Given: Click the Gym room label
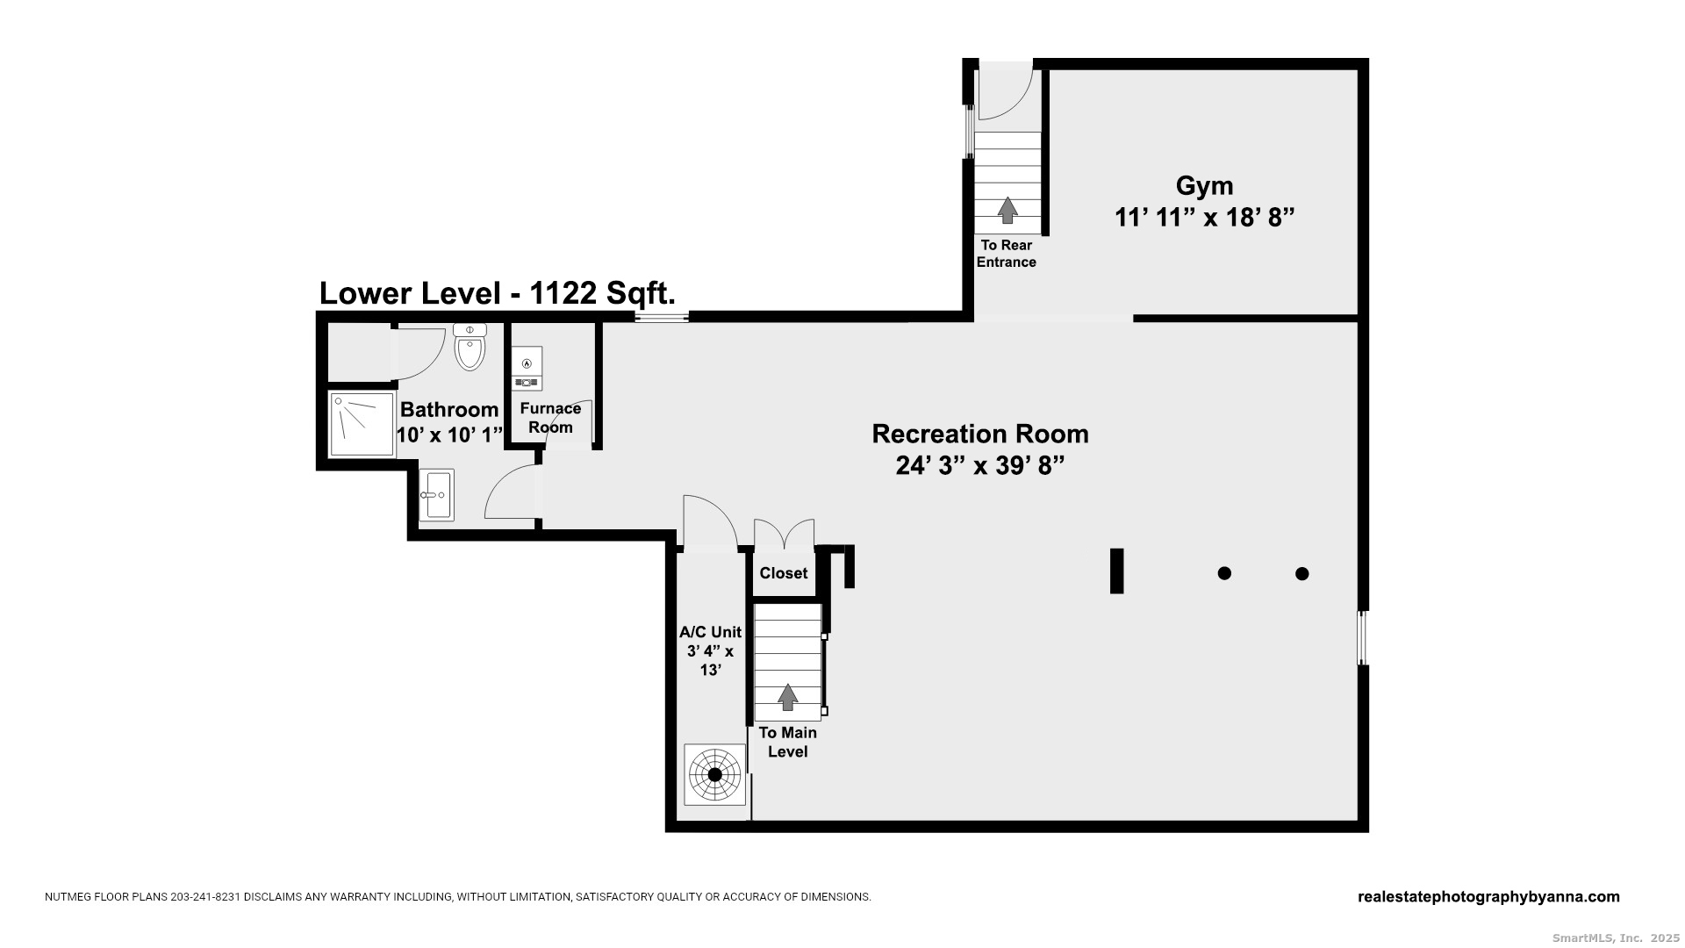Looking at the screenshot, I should pos(1204,186).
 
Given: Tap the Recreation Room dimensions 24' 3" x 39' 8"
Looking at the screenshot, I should pos(979,466).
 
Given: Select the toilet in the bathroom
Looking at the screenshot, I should pos(470,348).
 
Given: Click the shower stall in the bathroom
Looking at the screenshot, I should pos(362,425).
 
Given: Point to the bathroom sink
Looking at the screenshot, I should pos(436,495).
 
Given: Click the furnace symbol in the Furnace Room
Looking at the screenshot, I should pos(527,369).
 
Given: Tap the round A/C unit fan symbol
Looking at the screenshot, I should pos(714,775).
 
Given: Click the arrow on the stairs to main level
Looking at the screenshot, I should pos(788,697).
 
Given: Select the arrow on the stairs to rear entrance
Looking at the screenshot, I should pos(1007,210).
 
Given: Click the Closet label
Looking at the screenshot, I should pos(783,573).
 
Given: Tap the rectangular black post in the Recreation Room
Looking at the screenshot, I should pos(1116,571).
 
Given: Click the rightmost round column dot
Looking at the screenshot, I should pos(1302,574).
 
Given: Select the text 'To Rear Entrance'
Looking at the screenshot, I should pos(1007,254).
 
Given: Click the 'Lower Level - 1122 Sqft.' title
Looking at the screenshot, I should pos(497,293).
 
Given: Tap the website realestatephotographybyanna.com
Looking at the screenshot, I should pos(1488,897).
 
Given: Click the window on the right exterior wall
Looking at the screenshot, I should pos(1363,638).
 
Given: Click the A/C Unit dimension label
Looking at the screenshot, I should pos(710,650).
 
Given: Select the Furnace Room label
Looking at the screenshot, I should pos(550,418).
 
